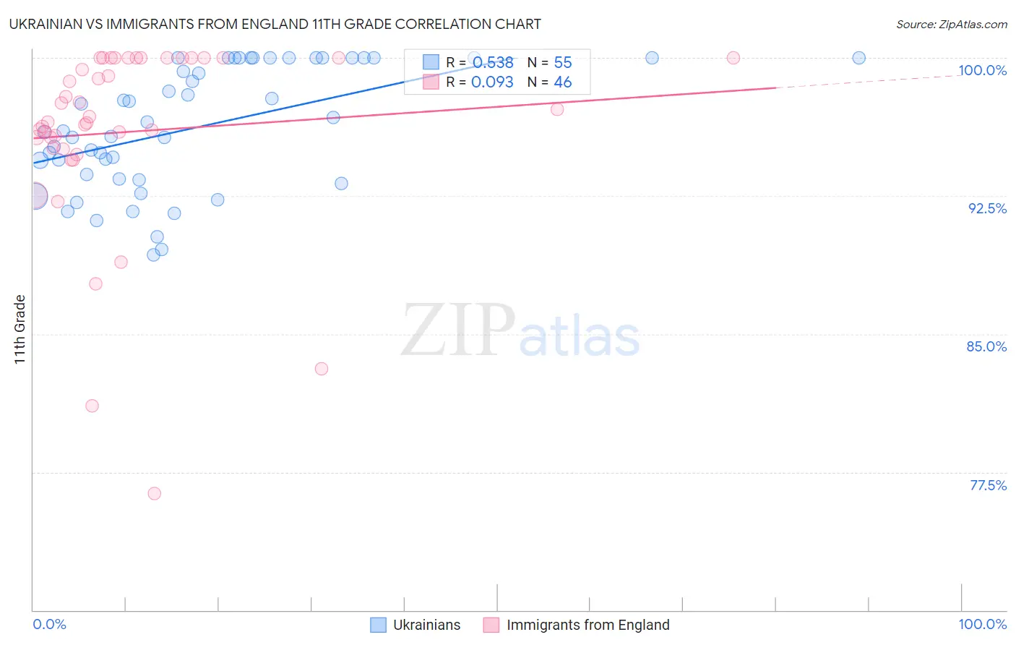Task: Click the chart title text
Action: (x=275, y=25)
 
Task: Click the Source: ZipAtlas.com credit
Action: (x=951, y=25)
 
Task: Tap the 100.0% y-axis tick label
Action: (x=982, y=70)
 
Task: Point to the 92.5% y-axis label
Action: (x=987, y=208)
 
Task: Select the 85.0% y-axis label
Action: (x=986, y=346)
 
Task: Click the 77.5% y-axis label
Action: (x=988, y=485)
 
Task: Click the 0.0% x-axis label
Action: (x=49, y=624)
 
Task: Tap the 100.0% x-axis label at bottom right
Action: (x=982, y=624)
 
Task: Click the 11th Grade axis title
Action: (x=20, y=329)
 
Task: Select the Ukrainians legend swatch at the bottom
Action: (x=378, y=625)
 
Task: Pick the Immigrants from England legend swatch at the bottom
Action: (x=491, y=625)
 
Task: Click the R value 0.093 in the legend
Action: (x=492, y=82)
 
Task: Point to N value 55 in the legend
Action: (x=562, y=63)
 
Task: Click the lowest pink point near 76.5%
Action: (x=154, y=493)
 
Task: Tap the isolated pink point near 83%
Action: (x=322, y=369)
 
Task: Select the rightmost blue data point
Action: (x=858, y=58)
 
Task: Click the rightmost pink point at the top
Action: (x=733, y=58)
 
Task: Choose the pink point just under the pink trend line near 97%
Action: (x=557, y=109)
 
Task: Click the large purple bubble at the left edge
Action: (x=35, y=196)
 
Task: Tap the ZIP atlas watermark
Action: (x=520, y=330)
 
